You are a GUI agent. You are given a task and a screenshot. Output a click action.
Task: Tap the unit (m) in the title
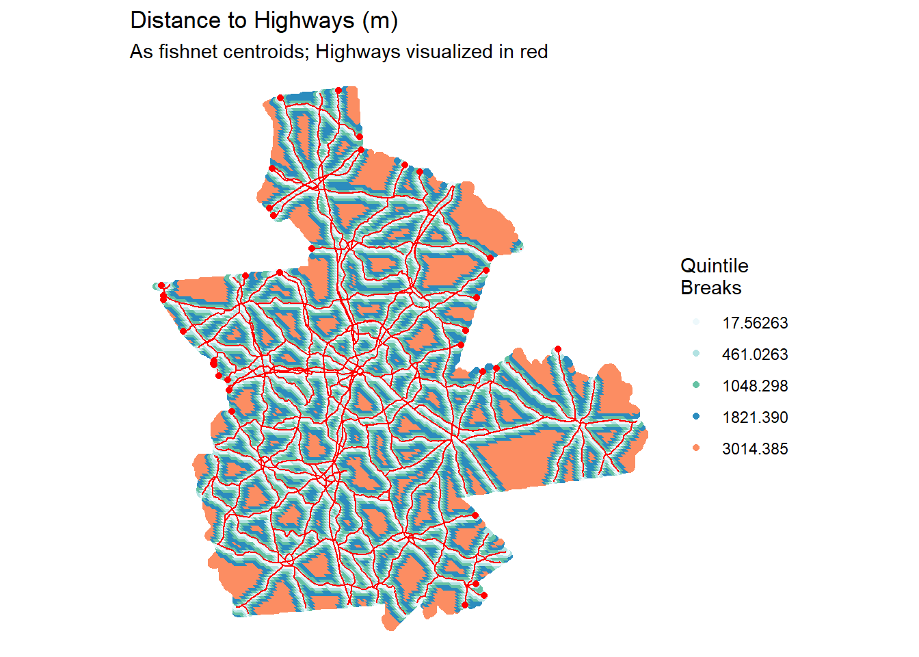point(380,21)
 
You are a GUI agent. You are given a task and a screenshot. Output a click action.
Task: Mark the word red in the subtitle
point(533,52)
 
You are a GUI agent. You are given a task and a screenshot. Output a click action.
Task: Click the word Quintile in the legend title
point(715,266)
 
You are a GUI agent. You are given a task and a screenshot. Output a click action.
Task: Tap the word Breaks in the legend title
point(711,288)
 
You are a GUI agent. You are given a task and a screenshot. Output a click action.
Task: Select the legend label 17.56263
point(755,323)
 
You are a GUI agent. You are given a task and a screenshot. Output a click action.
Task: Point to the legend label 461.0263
point(755,355)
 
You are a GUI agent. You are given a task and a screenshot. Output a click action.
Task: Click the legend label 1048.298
point(755,386)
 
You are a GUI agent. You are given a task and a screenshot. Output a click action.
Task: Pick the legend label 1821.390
point(755,417)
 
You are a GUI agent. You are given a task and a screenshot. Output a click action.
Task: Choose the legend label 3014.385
point(755,449)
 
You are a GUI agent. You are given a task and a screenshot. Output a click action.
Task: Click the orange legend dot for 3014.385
point(696,448)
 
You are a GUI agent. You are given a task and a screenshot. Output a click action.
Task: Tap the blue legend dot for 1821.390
point(696,417)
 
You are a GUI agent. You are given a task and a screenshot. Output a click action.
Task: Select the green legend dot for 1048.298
point(696,385)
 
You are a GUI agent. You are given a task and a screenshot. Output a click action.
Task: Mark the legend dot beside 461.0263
point(696,354)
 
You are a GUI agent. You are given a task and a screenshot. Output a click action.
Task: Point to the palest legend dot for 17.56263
point(696,322)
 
